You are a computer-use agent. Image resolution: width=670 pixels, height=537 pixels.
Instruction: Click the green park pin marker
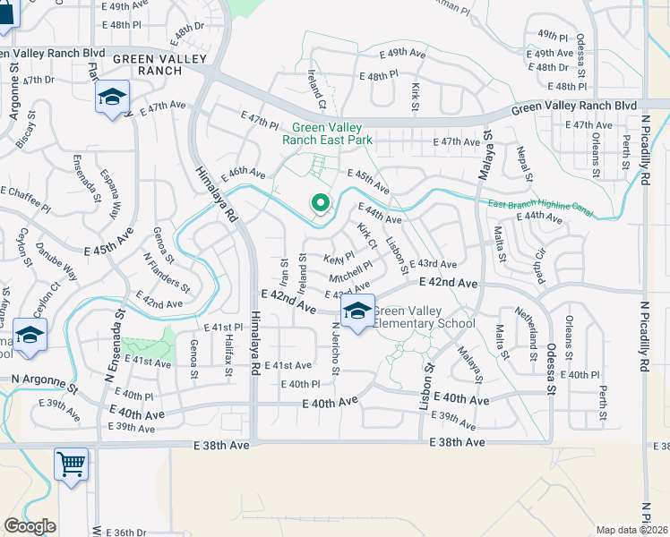tap(320, 202)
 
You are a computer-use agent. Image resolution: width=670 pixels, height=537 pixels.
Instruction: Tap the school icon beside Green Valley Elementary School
tap(357, 312)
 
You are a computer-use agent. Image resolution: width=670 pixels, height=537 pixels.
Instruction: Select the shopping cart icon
tap(71, 464)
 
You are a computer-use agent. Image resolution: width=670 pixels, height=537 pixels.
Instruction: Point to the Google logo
tap(30, 526)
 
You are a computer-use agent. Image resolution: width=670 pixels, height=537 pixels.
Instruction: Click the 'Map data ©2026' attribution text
tap(631, 530)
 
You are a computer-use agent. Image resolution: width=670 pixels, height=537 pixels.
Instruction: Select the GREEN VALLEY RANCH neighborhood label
tap(160, 64)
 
